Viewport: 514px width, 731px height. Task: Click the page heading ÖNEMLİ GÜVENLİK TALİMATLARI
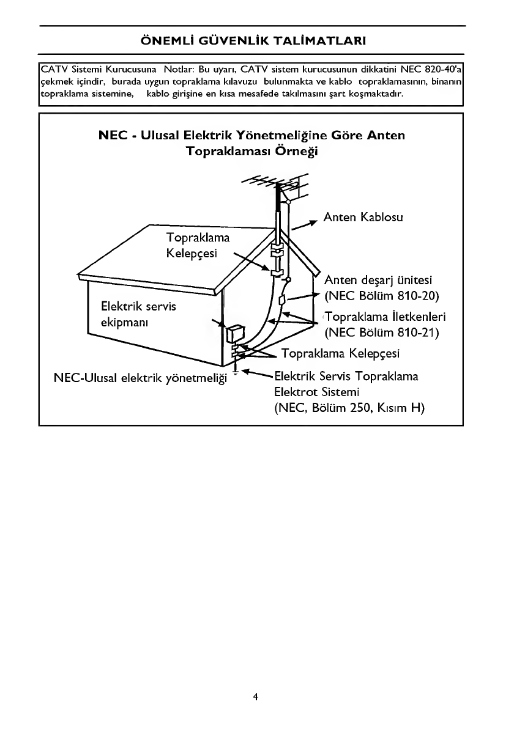click(253, 40)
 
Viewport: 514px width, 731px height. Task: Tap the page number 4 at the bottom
click(255, 697)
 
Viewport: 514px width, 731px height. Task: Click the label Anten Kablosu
click(363, 217)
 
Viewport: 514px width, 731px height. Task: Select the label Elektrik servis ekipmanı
click(139, 314)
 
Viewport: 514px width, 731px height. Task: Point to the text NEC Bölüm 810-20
click(382, 296)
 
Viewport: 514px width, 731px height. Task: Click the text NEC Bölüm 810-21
click(382, 332)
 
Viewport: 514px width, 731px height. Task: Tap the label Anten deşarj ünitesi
click(378, 280)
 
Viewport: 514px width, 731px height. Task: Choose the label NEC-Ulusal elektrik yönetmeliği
click(141, 378)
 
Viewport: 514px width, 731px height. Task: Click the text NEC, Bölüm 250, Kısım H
click(349, 408)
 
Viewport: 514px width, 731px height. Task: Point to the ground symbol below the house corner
click(236, 372)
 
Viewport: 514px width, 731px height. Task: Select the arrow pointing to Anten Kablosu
click(304, 224)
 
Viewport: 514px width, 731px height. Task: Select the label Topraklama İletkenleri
click(386, 317)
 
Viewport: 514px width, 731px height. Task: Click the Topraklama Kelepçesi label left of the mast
click(198, 246)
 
